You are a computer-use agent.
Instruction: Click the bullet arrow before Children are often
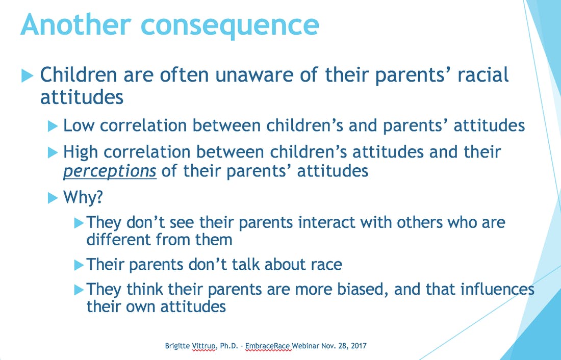click(x=27, y=76)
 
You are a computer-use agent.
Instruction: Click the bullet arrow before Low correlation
click(x=53, y=126)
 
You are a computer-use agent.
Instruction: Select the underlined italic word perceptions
click(x=110, y=171)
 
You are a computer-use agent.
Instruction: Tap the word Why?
click(x=83, y=197)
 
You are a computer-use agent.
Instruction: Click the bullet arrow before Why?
click(x=53, y=198)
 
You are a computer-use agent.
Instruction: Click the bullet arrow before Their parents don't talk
click(x=79, y=265)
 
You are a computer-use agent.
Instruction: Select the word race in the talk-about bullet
click(x=326, y=265)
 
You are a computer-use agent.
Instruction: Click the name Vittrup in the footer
click(x=204, y=346)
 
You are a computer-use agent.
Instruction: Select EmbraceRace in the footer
click(x=267, y=346)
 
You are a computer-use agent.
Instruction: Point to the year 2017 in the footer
click(x=359, y=346)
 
